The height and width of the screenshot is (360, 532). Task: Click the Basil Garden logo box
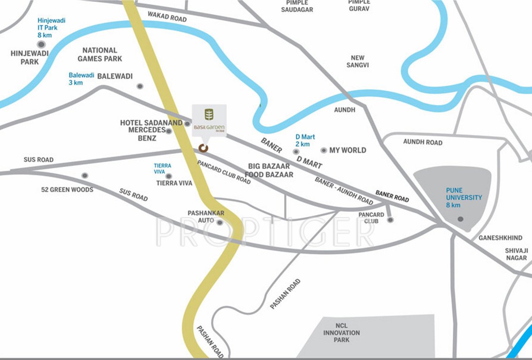click(x=209, y=120)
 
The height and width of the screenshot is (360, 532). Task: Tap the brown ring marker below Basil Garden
click(x=203, y=148)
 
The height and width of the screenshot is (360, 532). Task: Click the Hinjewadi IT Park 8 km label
click(x=51, y=28)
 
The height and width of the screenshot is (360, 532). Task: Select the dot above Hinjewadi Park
click(x=41, y=44)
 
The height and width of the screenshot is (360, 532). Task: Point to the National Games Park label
click(x=100, y=54)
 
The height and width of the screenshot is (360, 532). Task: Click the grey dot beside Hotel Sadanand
click(x=187, y=124)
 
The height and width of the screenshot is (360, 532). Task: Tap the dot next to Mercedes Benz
click(x=169, y=131)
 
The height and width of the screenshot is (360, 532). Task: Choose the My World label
click(x=348, y=150)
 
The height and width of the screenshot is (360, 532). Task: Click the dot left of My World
click(x=324, y=150)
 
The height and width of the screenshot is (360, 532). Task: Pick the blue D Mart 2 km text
click(x=305, y=140)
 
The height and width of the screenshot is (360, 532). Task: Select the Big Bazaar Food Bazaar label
click(x=271, y=170)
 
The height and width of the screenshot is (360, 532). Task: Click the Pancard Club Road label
click(x=224, y=172)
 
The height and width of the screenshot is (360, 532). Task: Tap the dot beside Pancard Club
click(x=390, y=219)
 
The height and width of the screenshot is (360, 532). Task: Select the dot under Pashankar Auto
click(x=220, y=222)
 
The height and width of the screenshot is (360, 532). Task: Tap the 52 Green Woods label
click(x=67, y=190)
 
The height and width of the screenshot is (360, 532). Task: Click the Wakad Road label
click(x=167, y=16)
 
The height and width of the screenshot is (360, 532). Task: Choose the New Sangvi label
click(x=357, y=61)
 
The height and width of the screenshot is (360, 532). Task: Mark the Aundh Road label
click(x=423, y=142)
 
